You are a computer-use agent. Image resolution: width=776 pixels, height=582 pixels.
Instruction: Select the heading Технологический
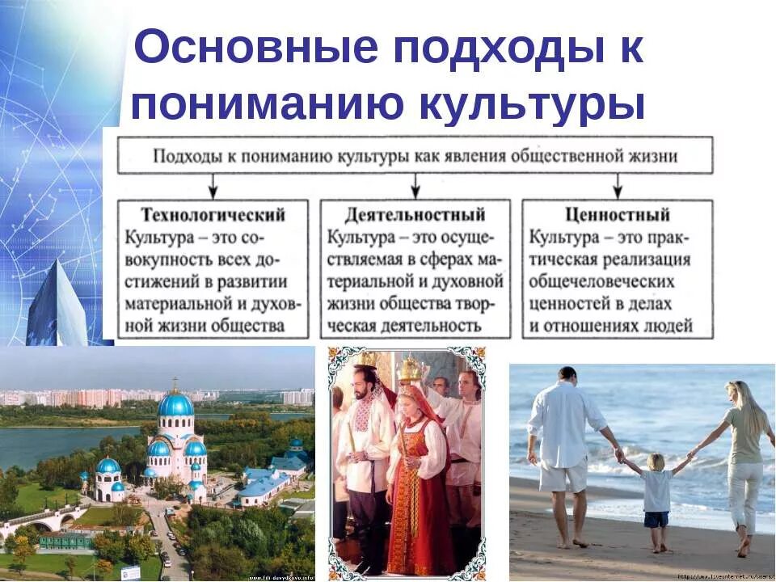[x=213, y=215]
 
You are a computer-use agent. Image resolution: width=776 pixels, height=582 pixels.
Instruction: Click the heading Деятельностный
[x=415, y=215]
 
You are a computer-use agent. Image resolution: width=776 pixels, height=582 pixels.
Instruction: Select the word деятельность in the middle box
[x=436, y=327]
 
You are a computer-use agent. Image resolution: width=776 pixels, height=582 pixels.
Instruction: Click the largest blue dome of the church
[x=175, y=403]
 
